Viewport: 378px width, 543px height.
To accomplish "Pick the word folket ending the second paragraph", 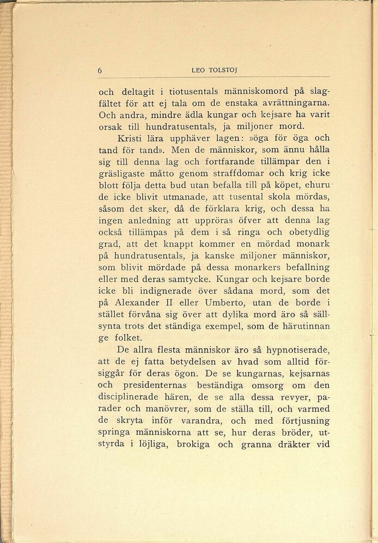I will (129, 339).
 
